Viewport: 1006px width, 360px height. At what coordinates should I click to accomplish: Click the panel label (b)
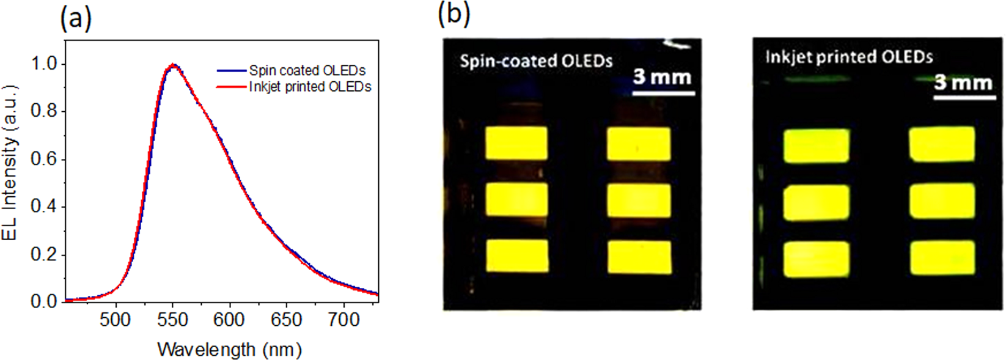[453, 13]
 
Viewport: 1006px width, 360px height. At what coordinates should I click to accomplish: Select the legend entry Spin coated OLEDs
[307, 70]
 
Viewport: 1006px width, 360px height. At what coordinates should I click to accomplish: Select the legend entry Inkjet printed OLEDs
[310, 87]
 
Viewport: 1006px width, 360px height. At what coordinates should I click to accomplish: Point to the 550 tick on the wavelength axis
[173, 320]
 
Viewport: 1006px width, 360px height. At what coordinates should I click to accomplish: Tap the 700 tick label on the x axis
[343, 320]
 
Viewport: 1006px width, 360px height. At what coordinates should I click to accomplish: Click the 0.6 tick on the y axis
[45, 159]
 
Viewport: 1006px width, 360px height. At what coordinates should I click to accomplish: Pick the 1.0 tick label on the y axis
[45, 64]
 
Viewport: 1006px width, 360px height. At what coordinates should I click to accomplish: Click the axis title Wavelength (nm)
[229, 350]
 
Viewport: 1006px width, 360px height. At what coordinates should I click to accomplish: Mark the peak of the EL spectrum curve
[174, 64]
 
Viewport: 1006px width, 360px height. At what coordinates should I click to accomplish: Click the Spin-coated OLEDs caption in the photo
[536, 61]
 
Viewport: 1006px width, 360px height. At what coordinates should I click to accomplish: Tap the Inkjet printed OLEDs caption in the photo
[849, 57]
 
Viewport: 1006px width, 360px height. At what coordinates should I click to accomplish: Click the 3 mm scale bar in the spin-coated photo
[663, 93]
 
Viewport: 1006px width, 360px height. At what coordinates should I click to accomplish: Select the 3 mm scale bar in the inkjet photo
[964, 97]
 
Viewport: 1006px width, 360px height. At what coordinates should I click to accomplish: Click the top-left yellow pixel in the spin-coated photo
[516, 143]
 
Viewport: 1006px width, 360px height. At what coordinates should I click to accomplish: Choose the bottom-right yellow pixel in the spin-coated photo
[639, 257]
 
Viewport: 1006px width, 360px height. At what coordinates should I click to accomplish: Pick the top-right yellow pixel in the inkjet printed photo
[942, 144]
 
